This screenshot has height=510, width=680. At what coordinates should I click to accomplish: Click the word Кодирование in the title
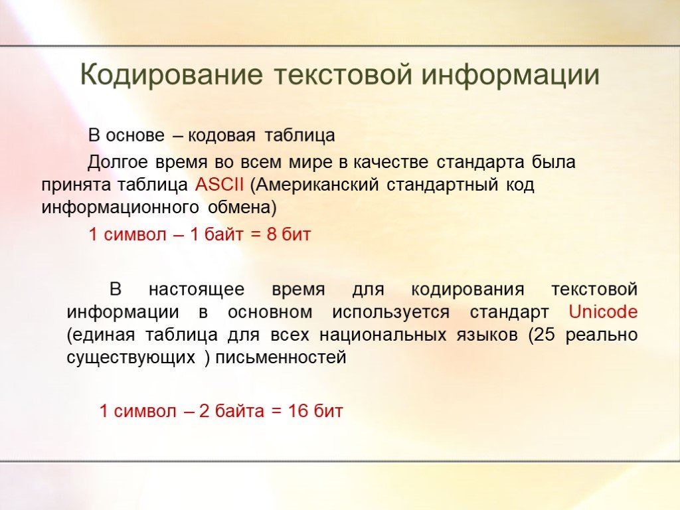[x=171, y=74]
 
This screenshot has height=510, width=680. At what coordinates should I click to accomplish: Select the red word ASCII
[x=219, y=185]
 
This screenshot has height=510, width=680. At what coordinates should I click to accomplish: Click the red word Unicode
[x=603, y=312]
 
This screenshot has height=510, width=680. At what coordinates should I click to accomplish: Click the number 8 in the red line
[x=272, y=234]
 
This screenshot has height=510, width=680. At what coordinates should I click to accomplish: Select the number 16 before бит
[x=297, y=410]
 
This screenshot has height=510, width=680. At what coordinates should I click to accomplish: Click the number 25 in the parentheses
[x=545, y=335]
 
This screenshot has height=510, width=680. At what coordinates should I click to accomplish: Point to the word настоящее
[x=197, y=290]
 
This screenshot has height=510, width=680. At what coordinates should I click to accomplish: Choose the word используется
[x=390, y=313]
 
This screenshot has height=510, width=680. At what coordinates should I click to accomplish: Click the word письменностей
[x=281, y=358]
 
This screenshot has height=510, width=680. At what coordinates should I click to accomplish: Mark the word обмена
[x=242, y=208]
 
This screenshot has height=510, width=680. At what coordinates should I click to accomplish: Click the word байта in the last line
[x=239, y=410]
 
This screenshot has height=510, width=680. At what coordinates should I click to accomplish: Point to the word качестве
[x=391, y=162]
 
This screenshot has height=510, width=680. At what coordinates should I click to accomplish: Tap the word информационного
[x=121, y=208]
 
